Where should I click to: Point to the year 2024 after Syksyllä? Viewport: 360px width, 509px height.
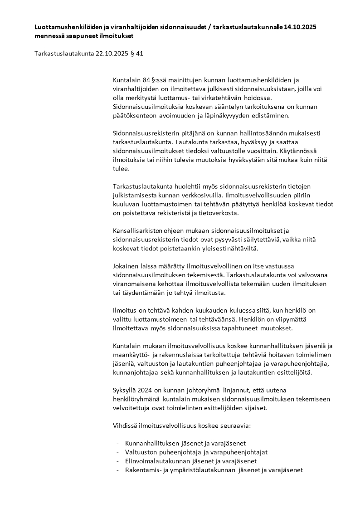click(145, 390)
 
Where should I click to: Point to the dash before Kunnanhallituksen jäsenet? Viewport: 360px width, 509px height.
click(117, 443)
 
